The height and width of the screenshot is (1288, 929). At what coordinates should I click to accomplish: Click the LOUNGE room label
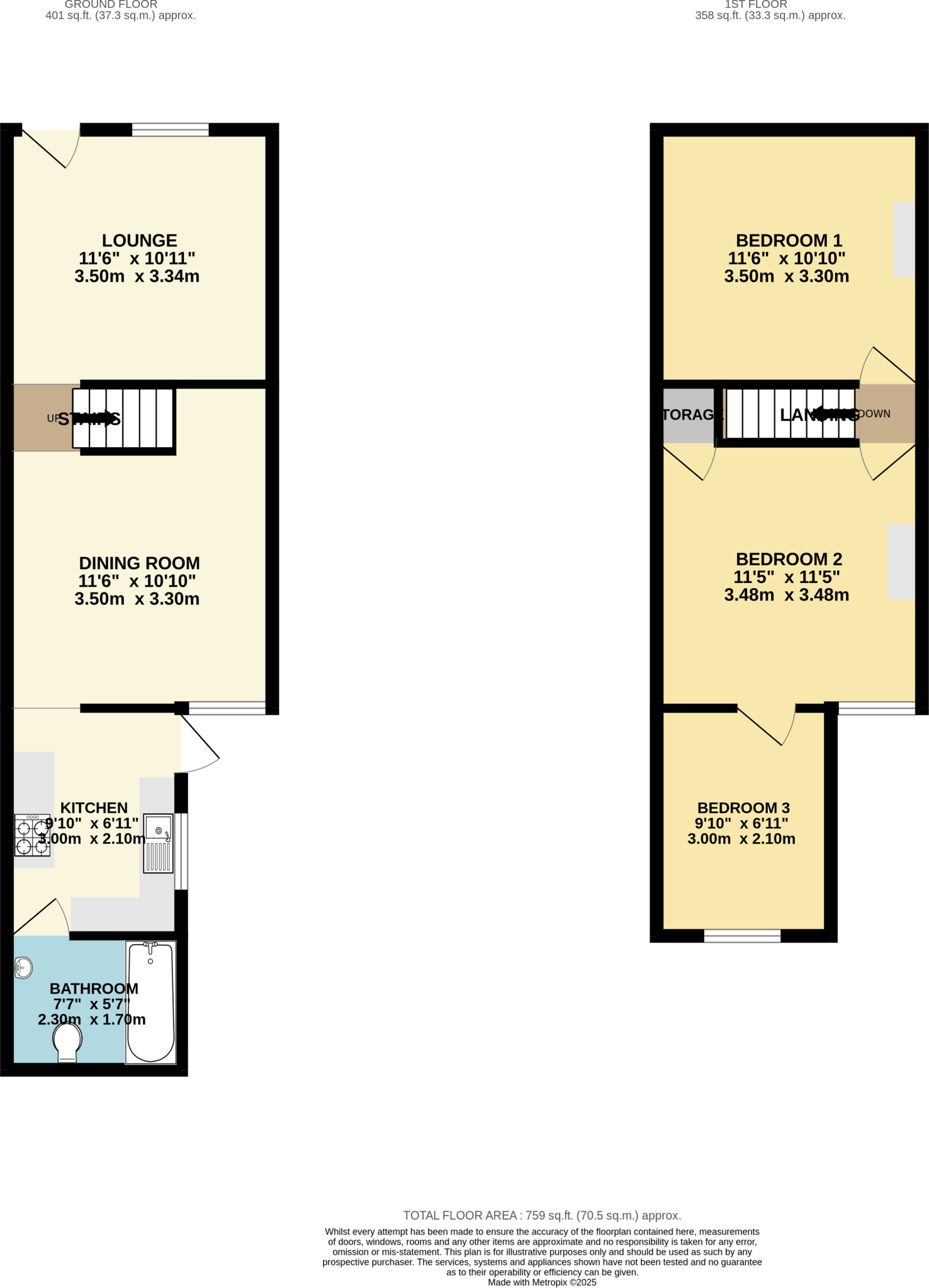click(139, 241)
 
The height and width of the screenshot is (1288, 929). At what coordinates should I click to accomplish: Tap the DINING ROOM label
click(139, 563)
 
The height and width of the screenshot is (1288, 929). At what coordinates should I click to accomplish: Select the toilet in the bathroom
click(67, 1041)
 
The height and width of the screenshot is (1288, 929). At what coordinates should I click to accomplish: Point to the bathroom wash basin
click(23, 968)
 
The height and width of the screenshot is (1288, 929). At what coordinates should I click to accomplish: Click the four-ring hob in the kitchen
click(32, 835)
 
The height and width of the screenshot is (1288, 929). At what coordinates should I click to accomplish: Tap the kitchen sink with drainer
click(159, 843)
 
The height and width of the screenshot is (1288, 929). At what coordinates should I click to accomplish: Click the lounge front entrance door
click(50, 148)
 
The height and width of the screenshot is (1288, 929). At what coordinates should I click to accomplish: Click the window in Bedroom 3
click(742, 936)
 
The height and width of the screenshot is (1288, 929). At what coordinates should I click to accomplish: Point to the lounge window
click(170, 130)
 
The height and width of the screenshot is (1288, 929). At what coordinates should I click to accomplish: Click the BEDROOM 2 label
click(789, 559)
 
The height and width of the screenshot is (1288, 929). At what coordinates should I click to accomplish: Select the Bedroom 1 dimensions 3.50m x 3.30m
click(786, 276)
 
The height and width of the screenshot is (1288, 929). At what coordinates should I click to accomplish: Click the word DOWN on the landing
click(874, 414)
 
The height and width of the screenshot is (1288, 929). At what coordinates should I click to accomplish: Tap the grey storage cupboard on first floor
click(689, 415)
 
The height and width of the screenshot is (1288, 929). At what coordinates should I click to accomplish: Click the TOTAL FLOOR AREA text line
click(542, 1216)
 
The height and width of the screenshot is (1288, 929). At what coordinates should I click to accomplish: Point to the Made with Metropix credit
click(542, 1282)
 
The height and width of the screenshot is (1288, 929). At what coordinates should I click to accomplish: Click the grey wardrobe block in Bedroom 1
click(904, 239)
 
